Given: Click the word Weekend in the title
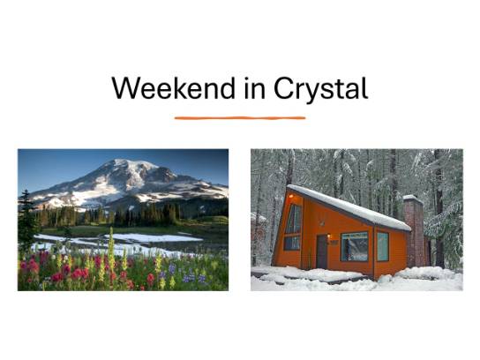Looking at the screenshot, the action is click(174, 88).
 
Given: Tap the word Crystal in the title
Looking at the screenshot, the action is click(320, 89).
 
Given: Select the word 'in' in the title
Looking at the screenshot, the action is click(255, 88).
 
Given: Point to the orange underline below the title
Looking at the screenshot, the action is click(240, 118).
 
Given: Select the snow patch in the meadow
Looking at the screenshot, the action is click(153, 237).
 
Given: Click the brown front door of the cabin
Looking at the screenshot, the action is click(322, 251).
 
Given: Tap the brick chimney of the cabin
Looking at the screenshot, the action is click(415, 231).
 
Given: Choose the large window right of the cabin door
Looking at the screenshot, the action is click(355, 246).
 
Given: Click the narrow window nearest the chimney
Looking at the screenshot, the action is click(383, 246).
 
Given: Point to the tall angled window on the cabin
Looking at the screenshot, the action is click(294, 219).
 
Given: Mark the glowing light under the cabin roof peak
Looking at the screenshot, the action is click(290, 196).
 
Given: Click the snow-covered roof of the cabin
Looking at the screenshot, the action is click(349, 207).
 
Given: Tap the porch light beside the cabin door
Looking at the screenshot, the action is click(329, 236).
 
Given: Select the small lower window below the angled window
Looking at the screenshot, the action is click(292, 243).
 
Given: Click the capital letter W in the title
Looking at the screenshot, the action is click(126, 88).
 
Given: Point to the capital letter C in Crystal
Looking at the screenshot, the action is click(284, 88).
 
